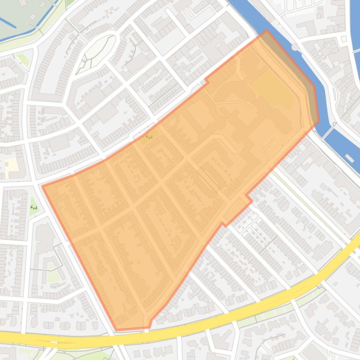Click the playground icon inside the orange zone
coord(150,137)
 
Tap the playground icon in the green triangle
coord(33,207)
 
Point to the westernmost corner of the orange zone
coord(43,186)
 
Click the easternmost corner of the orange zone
coord(318,120)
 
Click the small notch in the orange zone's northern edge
coord(206,82)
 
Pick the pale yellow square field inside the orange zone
coord(273,90)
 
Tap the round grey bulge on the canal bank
coord(294,47)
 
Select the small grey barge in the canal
coord(349,158)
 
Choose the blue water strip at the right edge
coord(354,37)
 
